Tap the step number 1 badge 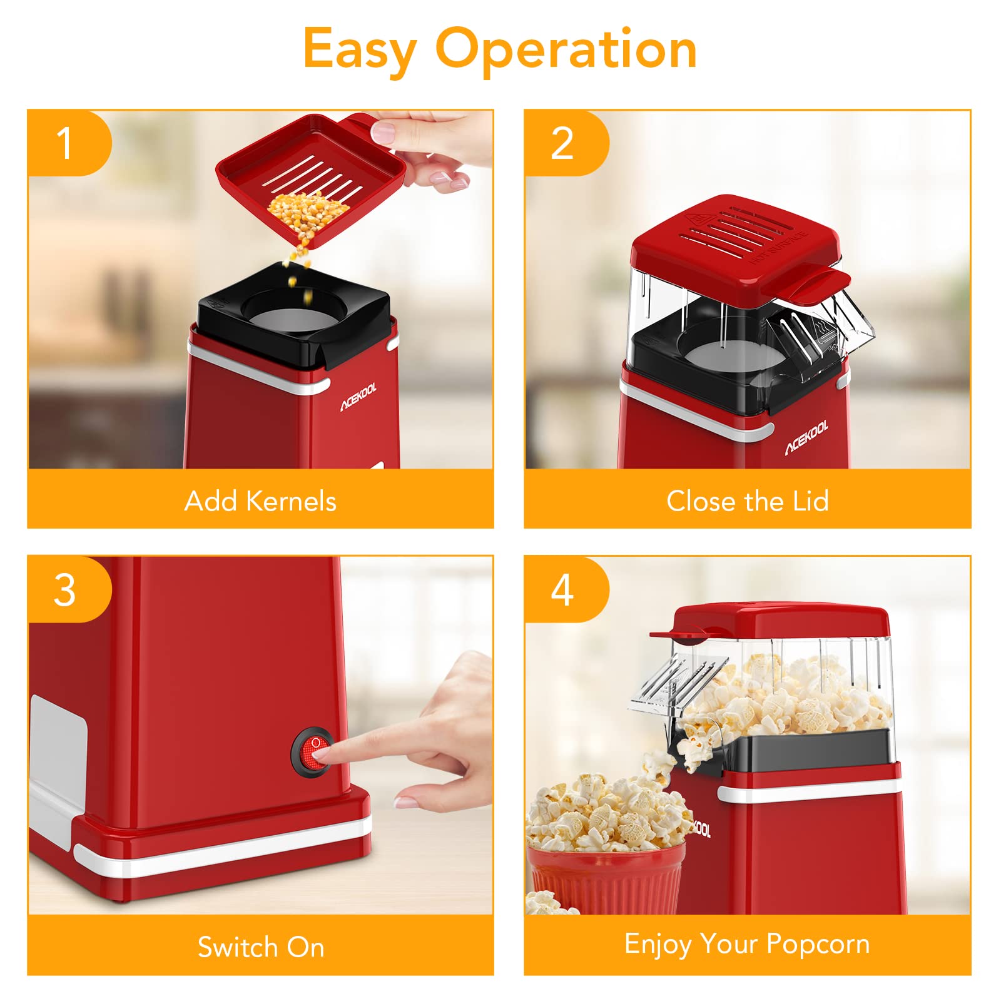coord(69,143)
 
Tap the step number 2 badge coord(566,143)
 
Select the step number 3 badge coord(69,589)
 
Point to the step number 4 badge coord(566,589)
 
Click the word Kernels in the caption coord(291,501)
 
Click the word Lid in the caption coord(811,501)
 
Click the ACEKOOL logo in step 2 coord(807,438)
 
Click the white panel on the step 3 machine coord(58,741)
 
